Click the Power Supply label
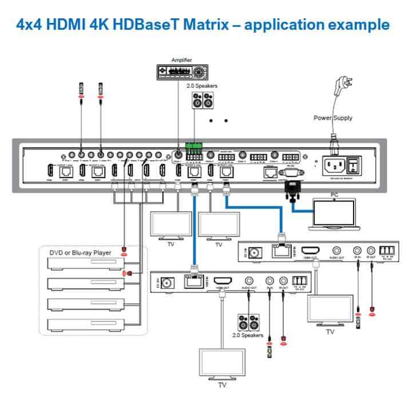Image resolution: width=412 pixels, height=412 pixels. click(332, 118)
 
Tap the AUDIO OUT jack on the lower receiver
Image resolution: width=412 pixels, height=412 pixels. click(250, 282)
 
